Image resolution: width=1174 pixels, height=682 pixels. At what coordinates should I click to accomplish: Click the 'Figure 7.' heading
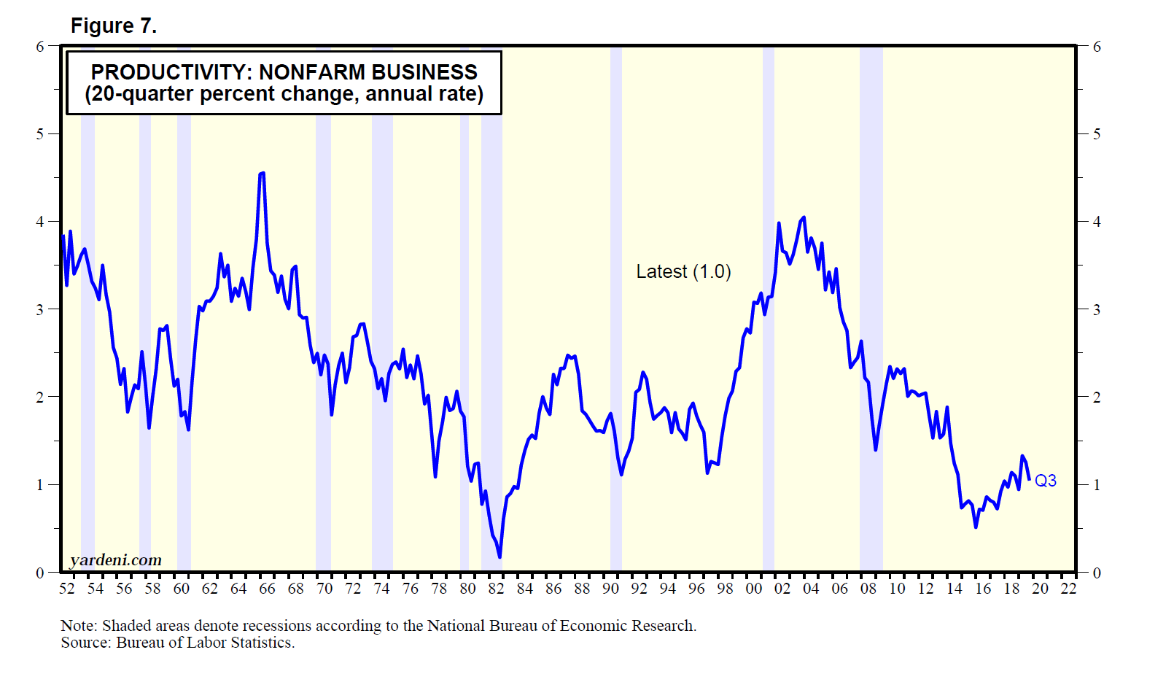click(113, 26)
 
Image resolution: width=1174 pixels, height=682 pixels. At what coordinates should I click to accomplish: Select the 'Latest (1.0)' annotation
click(683, 272)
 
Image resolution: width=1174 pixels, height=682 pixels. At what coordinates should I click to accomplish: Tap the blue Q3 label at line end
click(1045, 481)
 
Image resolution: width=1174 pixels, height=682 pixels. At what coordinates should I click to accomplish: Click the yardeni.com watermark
click(116, 560)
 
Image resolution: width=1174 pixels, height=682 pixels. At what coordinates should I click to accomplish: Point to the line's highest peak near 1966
click(262, 174)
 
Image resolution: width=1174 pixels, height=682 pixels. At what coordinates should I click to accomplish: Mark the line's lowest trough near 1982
click(499, 557)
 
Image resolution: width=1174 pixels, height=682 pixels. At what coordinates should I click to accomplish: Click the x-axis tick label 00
click(753, 589)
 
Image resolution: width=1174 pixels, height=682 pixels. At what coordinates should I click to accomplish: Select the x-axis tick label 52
click(66, 589)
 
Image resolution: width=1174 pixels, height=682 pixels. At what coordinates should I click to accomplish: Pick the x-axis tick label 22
click(1068, 589)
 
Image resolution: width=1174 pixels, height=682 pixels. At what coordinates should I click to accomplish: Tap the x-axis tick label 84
click(524, 589)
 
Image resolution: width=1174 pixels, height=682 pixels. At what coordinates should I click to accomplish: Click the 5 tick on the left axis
click(40, 134)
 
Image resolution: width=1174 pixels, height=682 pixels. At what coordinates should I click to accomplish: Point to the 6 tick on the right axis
click(1097, 47)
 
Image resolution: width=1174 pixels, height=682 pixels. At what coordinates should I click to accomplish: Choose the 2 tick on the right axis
click(1097, 398)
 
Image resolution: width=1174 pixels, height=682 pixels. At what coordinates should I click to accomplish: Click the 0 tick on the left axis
click(40, 573)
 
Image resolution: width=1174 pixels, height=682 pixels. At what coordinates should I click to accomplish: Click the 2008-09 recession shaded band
click(871, 306)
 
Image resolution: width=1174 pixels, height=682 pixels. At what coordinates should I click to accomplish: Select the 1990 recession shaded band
click(615, 306)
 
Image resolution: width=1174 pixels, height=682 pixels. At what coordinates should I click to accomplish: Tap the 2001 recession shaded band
click(768, 306)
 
